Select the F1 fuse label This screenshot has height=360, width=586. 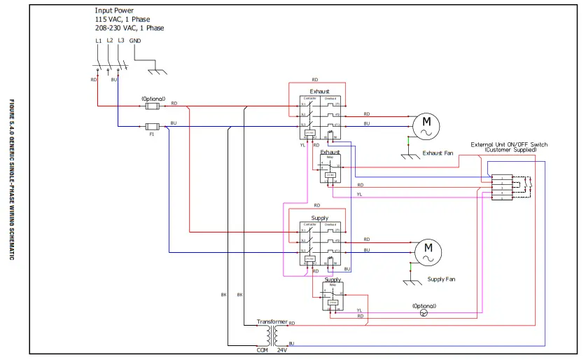coord(151,134)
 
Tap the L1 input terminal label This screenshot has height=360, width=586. coord(98,41)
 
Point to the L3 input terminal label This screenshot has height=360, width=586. coord(121,41)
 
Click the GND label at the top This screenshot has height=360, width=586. coord(135,41)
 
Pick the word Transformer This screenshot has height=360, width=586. coord(272,321)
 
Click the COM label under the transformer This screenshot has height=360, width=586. coord(262,349)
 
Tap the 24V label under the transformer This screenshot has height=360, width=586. coord(282,349)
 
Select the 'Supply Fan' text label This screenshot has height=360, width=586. coord(441,279)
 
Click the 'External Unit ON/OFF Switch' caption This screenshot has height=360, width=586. coord(509,144)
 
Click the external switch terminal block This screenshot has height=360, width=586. coord(502,188)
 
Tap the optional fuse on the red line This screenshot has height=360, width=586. coord(153,106)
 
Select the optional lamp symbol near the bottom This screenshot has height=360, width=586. coord(423,313)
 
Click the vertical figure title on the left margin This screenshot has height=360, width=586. coord(12,180)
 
